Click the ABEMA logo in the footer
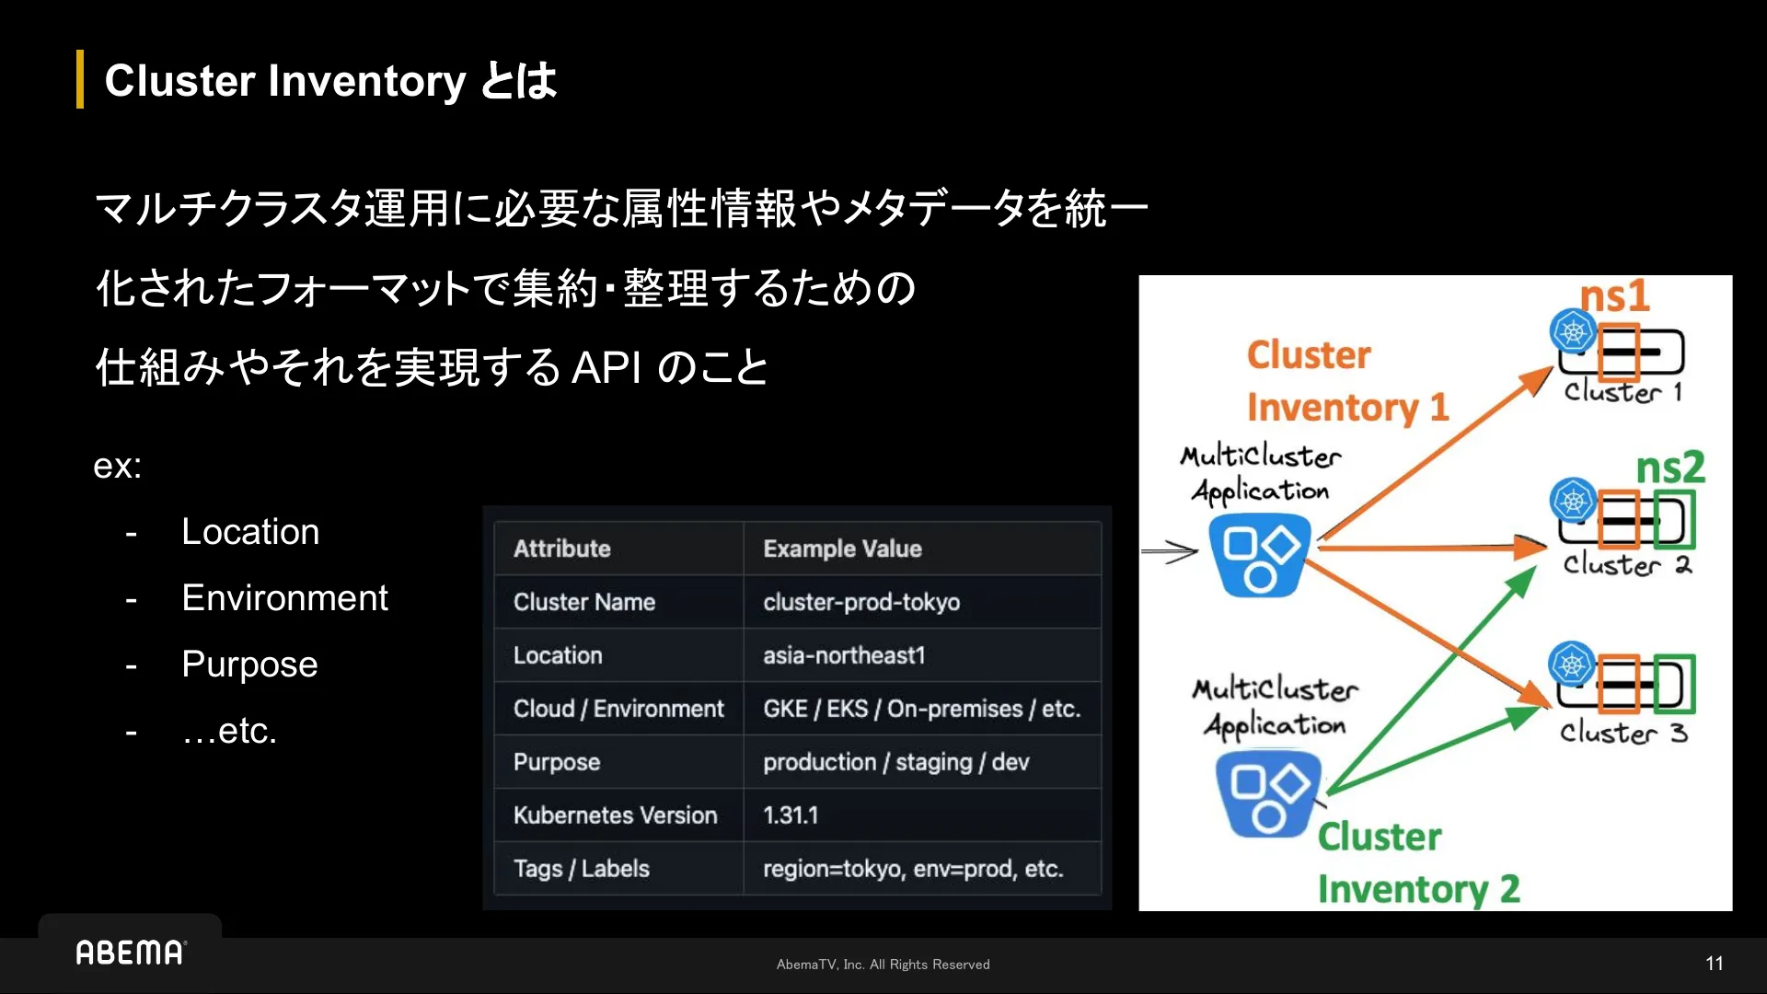point(130,952)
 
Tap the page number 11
point(1714,964)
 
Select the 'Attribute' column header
point(561,549)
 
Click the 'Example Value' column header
point(841,549)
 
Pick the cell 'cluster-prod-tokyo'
point(860,602)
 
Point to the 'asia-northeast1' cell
point(843,655)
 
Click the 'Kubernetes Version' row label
point(615,815)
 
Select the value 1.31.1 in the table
point(790,815)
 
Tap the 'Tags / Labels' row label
point(581,869)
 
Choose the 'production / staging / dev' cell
point(895,762)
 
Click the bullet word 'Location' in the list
point(250,532)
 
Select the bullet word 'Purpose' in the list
point(249,665)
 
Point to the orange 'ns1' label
point(1614,296)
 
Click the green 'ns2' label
point(1669,468)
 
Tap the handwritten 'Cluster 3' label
point(1623,733)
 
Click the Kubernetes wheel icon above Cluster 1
point(1573,331)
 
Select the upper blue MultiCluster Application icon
point(1259,555)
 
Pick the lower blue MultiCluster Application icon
point(1267,792)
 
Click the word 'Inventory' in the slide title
point(367,81)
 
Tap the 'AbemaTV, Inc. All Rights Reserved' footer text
point(883,965)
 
